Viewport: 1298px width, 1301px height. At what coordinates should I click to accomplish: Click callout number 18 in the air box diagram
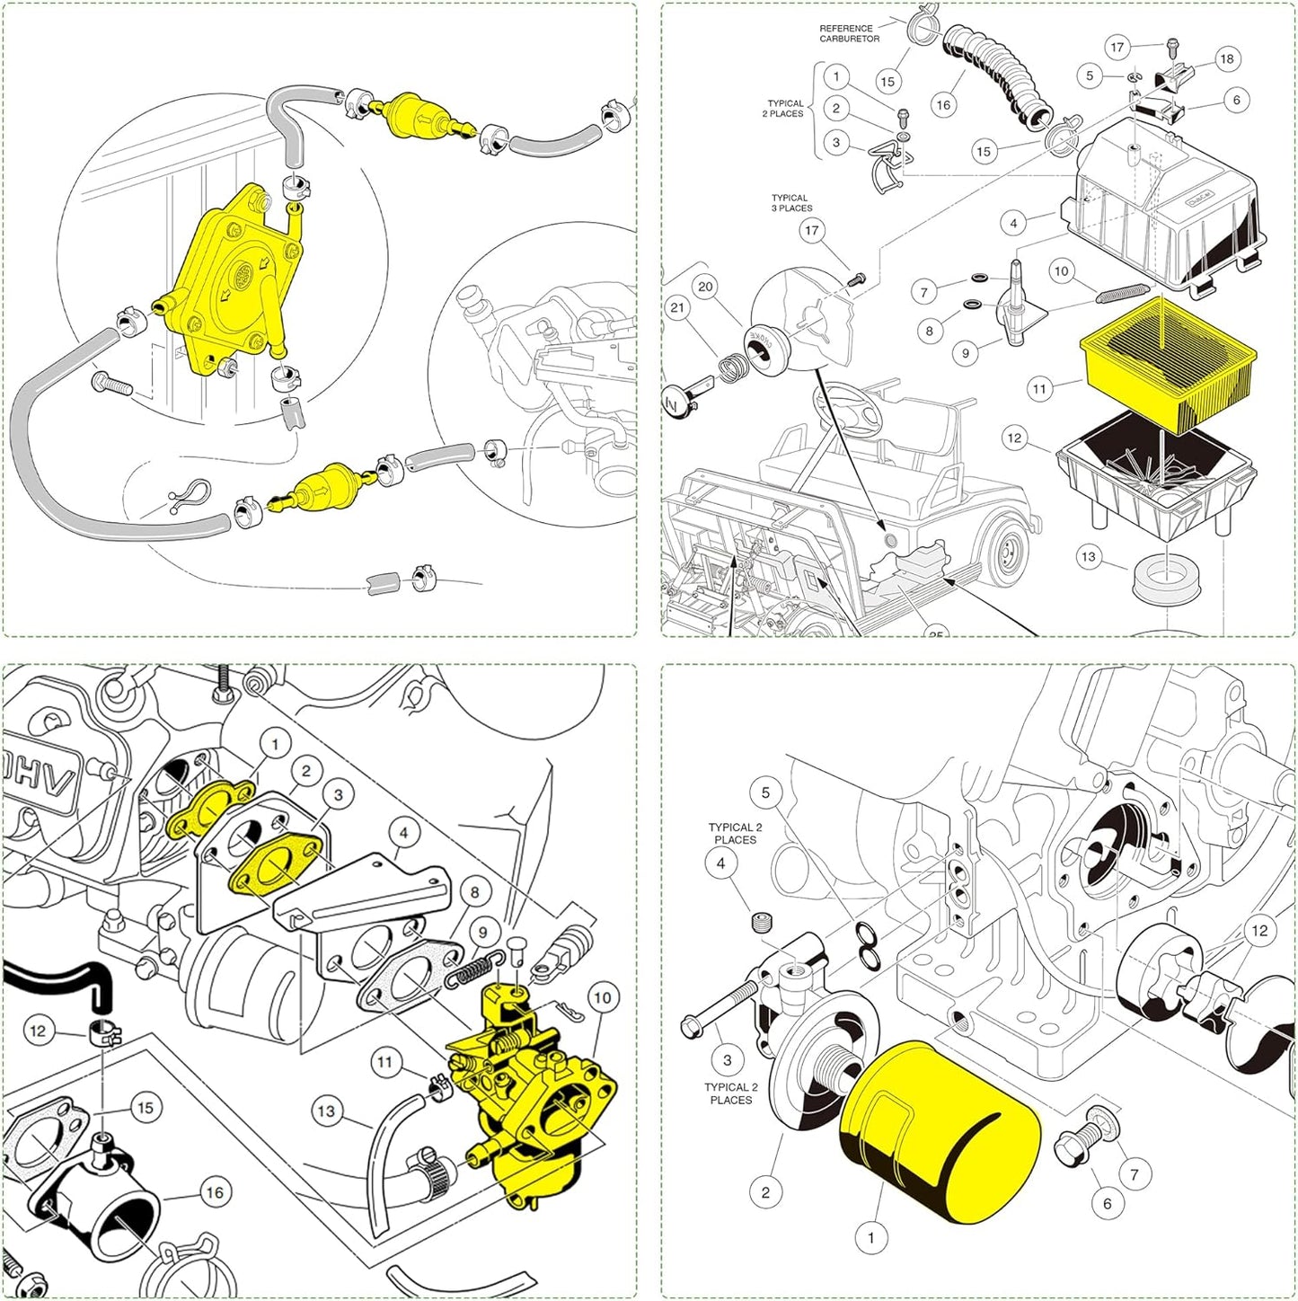click(1226, 59)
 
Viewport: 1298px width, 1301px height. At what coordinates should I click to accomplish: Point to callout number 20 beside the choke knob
click(706, 287)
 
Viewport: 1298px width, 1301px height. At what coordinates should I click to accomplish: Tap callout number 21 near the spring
click(677, 308)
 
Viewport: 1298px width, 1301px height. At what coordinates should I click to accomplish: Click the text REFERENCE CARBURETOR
click(848, 33)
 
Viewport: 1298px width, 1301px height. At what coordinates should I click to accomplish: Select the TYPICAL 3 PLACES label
click(790, 203)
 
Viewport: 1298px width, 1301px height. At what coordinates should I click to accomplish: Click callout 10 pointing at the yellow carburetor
click(601, 997)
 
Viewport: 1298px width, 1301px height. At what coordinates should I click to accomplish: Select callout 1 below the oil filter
click(870, 1238)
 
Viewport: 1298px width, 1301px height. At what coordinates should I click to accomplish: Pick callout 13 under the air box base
click(1089, 557)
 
